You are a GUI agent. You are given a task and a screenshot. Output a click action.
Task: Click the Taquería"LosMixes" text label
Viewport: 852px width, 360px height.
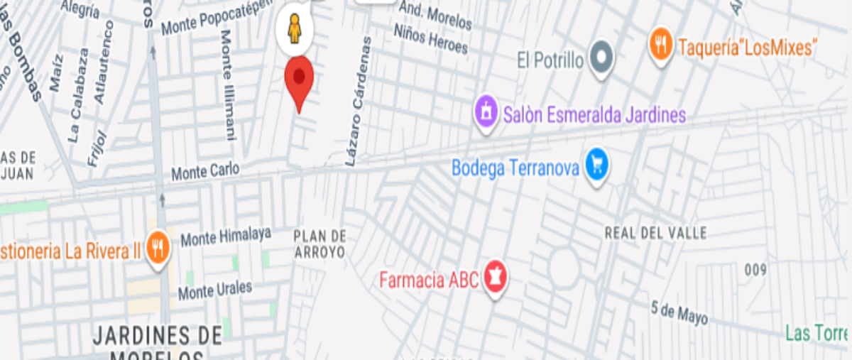(746, 48)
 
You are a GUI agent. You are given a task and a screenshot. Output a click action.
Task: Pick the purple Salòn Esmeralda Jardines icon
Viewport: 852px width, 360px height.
(486, 113)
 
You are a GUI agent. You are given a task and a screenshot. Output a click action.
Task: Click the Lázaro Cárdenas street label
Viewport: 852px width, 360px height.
(359, 102)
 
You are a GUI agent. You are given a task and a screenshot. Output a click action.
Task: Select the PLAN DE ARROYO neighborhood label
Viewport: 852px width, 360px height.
(319, 244)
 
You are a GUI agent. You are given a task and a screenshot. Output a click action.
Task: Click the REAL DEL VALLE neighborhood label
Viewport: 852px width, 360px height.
(655, 233)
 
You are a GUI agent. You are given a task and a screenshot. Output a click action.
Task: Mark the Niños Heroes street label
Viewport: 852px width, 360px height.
(432, 39)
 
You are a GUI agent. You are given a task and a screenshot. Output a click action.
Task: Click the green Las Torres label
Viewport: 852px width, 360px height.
(816, 333)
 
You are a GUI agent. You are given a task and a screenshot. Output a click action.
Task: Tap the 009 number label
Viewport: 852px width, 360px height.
(756, 269)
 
